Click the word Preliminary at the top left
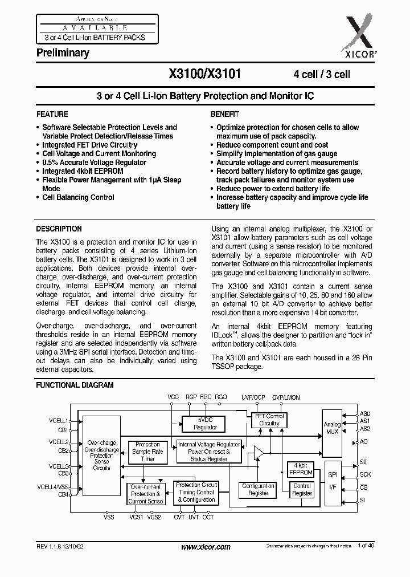pyautogui.click(x=63, y=53)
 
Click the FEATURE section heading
pyautogui.click(x=52, y=114)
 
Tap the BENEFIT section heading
pyautogui.click(x=225, y=114)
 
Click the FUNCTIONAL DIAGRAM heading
pyautogui.click(x=75, y=385)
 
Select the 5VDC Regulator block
pyautogui.click(x=205, y=423)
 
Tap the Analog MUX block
pyautogui.click(x=333, y=428)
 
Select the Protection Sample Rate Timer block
pyautogui.click(x=147, y=452)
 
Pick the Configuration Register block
pyautogui.click(x=258, y=490)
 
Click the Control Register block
pyautogui.click(x=302, y=490)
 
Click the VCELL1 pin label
pyautogui.click(x=58, y=420)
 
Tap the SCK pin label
pyautogui.click(x=365, y=474)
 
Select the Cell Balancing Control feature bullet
pyautogui.click(x=78, y=197)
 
